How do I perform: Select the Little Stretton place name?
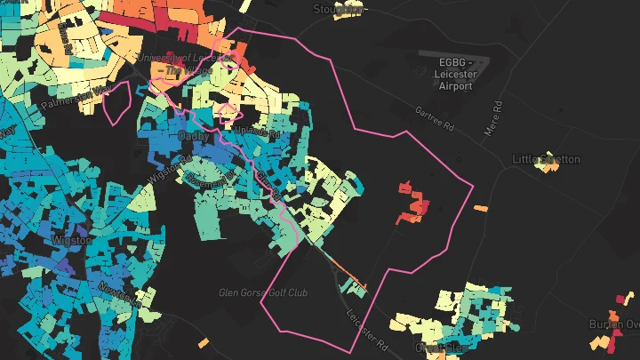click(x=546, y=159)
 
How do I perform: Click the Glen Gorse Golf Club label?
click(x=263, y=292)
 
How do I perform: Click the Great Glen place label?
click(x=439, y=347)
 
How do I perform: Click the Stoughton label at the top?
click(x=339, y=9)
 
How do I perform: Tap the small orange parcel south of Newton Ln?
click(x=204, y=342)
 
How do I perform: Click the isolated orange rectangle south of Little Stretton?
click(x=481, y=209)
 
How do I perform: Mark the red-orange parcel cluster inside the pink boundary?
click(x=412, y=203)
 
